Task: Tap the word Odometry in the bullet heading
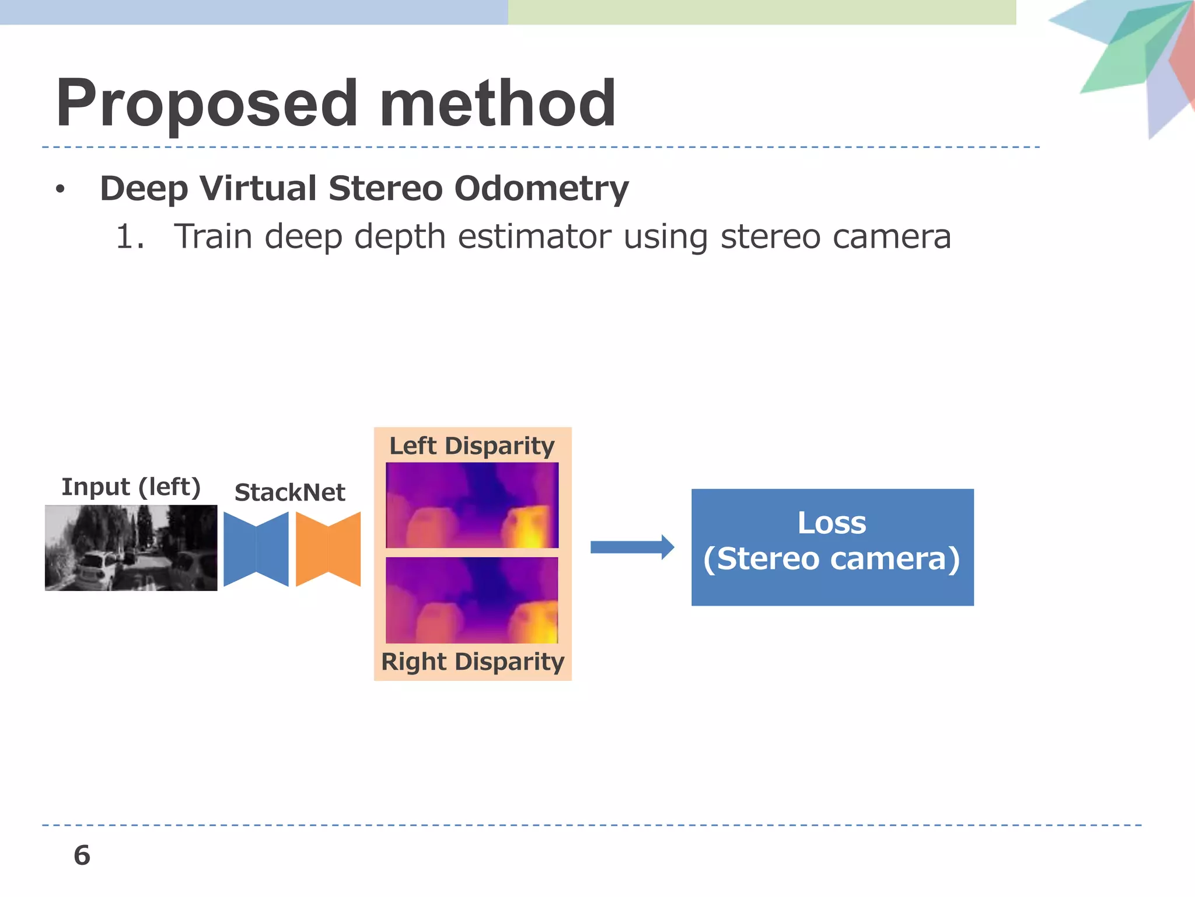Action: (541, 189)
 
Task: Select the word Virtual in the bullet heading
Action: (257, 189)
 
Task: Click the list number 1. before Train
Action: (130, 237)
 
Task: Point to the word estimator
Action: (534, 237)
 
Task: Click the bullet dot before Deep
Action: (60, 189)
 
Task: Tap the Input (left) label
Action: (131, 486)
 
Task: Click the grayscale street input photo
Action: (131, 548)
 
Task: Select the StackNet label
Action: (289, 492)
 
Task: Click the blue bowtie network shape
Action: (256, 549)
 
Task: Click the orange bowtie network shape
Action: (328, 549)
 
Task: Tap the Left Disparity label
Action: (471, 446)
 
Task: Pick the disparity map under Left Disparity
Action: (471, 505)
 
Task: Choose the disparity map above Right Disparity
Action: (471, 600)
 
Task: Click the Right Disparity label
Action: (472, 662)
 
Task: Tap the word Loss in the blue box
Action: (831, 523)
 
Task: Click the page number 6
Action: (82, 856)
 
